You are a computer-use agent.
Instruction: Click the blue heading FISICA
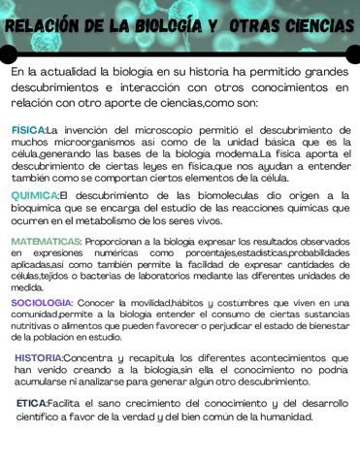tap(28, 129)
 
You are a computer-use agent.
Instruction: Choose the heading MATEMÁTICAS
tap(46, 241)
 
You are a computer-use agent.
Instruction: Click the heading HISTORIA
tap(39, 358)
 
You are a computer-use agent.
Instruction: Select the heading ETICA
tap(31, 403)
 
